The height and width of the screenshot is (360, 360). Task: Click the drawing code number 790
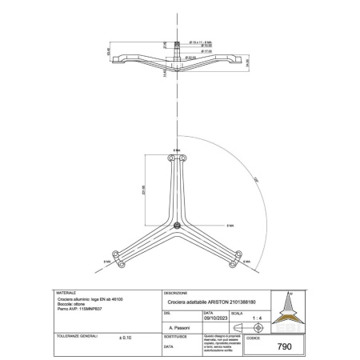pos(282,347)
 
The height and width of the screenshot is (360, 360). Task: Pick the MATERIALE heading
pos(65,293)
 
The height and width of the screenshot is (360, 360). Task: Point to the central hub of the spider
pos(175,223)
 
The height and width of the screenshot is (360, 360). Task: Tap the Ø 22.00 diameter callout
pos(192,57)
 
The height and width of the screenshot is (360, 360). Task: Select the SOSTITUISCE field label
pos(174,338)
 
